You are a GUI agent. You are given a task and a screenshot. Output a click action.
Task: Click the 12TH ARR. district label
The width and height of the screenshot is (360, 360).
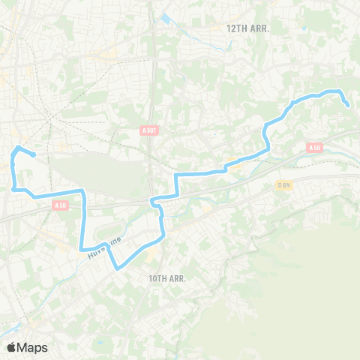247,28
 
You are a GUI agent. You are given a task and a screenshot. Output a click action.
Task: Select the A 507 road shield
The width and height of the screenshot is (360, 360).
149,130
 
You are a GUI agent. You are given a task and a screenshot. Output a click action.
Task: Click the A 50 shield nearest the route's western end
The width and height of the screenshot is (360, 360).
61,205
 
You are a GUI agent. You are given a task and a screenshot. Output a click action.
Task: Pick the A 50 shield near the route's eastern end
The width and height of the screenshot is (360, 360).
315,148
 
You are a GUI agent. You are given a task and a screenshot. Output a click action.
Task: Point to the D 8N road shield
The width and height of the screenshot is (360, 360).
283,184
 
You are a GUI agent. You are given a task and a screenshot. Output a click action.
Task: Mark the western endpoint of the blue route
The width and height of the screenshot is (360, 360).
34,155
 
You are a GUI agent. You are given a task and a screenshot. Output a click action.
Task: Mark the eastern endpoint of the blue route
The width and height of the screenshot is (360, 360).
348,106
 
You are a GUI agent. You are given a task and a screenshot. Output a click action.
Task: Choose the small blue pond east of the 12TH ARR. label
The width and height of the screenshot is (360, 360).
303,30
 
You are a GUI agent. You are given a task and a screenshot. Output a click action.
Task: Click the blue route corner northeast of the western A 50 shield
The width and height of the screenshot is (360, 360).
84,193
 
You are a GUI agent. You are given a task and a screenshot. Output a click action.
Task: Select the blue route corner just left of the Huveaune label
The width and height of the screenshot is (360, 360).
80,249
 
